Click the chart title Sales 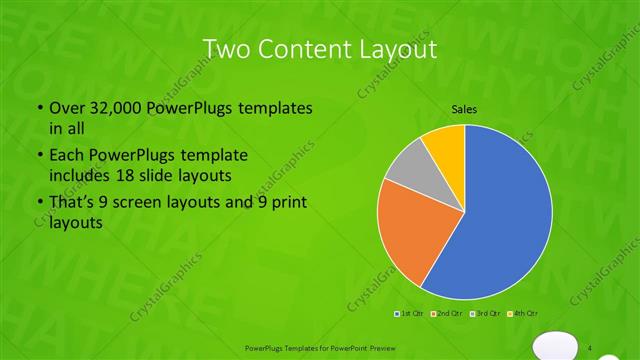464,108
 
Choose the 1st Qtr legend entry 411,314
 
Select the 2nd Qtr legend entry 448,314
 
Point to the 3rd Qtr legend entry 487,314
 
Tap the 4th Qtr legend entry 526,314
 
